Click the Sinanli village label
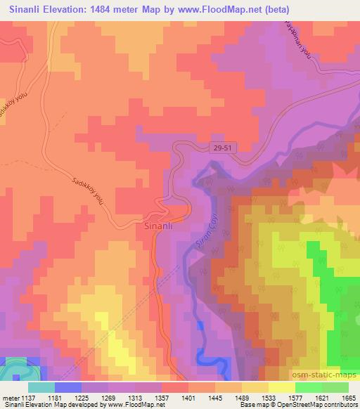[x=158, y=227]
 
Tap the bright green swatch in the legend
[x=308, y=387]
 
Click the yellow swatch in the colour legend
[x=281, y=387]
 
